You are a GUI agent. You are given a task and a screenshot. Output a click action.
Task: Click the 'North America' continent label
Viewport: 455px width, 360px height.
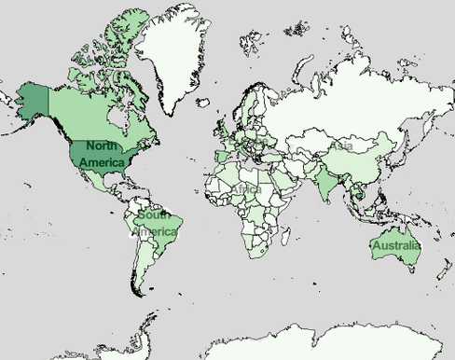(x=102, y=154)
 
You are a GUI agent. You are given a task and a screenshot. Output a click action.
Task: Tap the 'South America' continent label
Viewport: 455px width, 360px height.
(x=154, y=224)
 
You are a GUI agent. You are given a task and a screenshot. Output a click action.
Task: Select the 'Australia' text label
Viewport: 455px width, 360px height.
(x=396, y=246)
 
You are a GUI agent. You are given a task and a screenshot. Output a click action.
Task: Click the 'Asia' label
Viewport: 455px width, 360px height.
(x=340, y=146)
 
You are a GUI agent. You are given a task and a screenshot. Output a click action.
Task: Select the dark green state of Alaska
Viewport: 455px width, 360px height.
(x=34, y=99)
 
